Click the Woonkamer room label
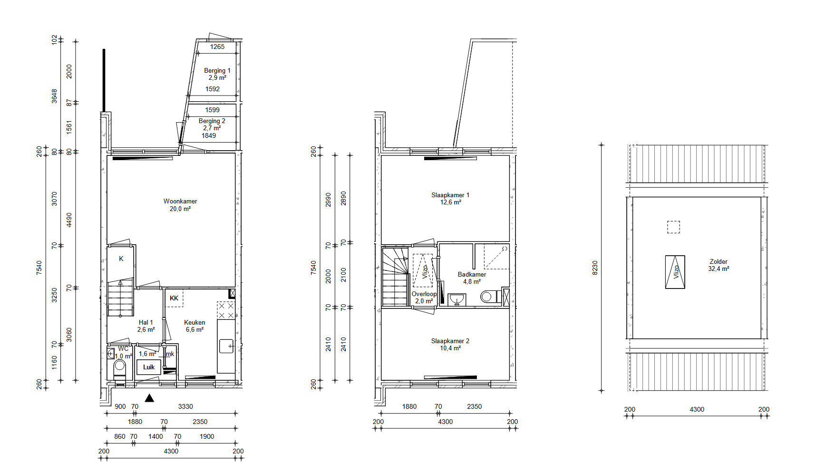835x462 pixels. [180, 202]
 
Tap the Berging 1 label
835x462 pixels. [217, 71]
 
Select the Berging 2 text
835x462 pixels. [212, 121]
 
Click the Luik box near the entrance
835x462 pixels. [149, 367]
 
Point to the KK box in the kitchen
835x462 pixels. [174, 298]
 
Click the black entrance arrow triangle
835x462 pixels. [149, 398]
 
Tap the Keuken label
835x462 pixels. [194, 322]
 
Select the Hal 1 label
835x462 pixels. [146, 322]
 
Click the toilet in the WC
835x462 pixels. [120, 366]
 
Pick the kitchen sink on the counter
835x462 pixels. [226, 346]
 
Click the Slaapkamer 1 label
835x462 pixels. [450, 195]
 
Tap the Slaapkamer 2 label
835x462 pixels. [450, 341]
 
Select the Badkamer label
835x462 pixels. [472, 274]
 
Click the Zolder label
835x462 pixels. [718, 261]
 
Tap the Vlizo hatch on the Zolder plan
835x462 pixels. [675, 272]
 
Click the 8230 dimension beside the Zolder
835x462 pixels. [595, 268]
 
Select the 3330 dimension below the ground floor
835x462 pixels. [185, 406]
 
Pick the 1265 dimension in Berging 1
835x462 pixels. [217, 47]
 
